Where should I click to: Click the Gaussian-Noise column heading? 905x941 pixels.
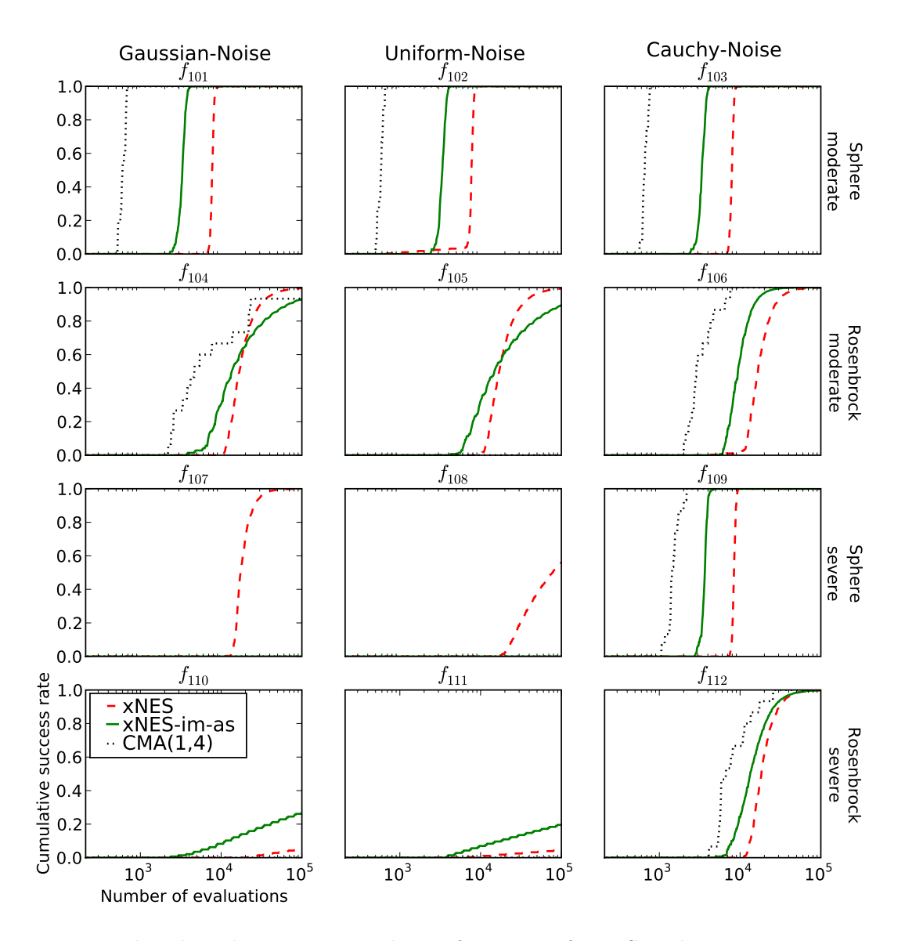pyautogui.click(x=194, y=54)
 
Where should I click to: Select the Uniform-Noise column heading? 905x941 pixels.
pyautogui.click(x=454, y=54)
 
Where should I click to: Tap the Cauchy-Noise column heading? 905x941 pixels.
pyautogui.click(x=713, y=50)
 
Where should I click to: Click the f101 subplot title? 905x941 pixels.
pyautogui.click(x=193, y=74)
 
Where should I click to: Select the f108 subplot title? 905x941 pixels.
pyautogui.click(x=452, y=476)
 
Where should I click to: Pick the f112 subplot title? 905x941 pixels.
pyautogui.click(x=712, y=676)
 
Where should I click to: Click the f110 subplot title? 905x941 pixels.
pyautogui.click(x=193, y=676)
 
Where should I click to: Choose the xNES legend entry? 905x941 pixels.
pyautogui.click(x=148, y=708)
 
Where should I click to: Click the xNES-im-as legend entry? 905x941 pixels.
pyautogui.click(x=178, y=725)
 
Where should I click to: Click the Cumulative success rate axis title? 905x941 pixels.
pyautogui.click(x=44, y=773)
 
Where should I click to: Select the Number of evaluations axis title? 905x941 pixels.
pyautogui.click(x=194, y=896)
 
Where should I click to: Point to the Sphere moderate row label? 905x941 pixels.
pyautogui.click(x=844, y=176)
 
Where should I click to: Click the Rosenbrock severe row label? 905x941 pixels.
pyautogui.click(x=844, y=775)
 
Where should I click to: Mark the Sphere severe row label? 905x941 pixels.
pyautogui.click(x=844, y=573)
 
